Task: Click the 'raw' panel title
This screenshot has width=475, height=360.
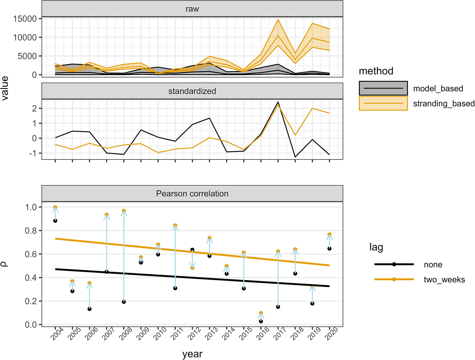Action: pyautogui.click(x=192, y=9)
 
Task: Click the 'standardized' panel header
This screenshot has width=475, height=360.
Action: pyautogui.click(x=192, y=91)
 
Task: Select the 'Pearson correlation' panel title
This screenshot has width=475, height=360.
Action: pyautogui.click(x=192, y=193)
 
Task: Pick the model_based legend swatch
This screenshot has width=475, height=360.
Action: pyautogui.click(x=383, y=88)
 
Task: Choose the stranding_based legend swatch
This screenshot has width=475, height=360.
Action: pyautogui.click(x=383, y=103)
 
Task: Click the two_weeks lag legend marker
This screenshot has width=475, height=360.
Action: pyautogui.click(x=394, y=279)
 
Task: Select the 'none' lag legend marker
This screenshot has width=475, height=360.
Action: pyautogui.click(x=394, y=264)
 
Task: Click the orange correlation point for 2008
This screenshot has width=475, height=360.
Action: pyautogui.click(x=124, y=211)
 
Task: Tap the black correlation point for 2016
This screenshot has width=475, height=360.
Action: pyautogui.click(x=261, y=321)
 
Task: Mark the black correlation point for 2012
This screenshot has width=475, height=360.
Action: pyautogui.click(x=192, y=250)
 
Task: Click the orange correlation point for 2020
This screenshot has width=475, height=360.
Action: pyautogui.click(x=329, y=235)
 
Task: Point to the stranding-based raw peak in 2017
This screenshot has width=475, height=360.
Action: pyautogui.click(x=278, y=20)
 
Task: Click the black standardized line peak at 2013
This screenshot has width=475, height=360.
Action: pyautogui.click(x=209, y=118)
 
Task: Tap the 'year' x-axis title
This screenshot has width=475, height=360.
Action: pyautogui.click(x=192, y=354)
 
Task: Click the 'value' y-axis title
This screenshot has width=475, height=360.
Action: pyautogui.click(x=5, y=88)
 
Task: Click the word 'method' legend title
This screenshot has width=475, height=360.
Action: pyautogui.click(x=376, y=71)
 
